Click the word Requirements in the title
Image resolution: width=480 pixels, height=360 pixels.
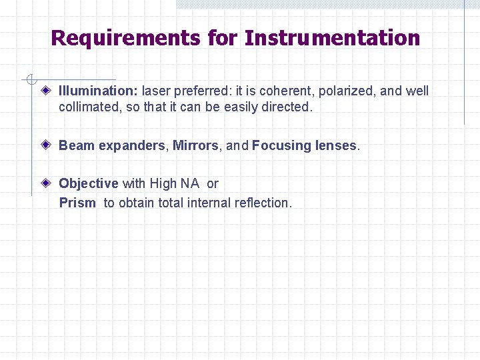[125, 38]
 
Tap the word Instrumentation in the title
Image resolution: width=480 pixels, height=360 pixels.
[332, 38]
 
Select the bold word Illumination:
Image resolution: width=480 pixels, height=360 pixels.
[99, 91]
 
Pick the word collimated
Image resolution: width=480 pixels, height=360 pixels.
[87, 107]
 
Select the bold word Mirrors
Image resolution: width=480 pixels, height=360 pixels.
[195, 145]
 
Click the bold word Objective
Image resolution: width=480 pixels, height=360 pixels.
[89, 183]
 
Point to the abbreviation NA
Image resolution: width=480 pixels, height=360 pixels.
[190, 183]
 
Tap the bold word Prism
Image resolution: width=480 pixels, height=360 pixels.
[77, 203]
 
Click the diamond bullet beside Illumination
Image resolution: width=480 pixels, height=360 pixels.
[46, 91]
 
